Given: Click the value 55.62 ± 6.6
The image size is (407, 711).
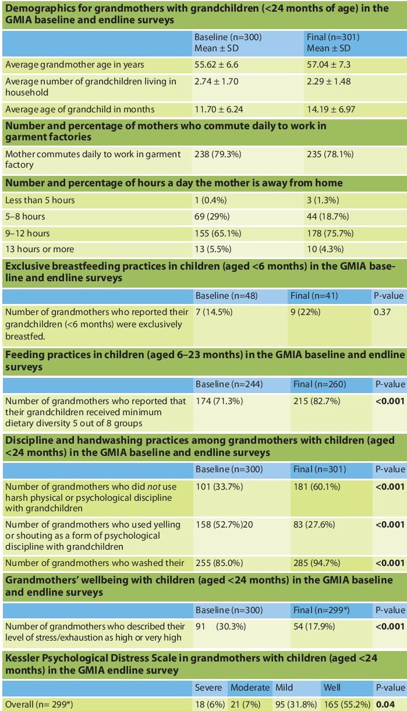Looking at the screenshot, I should [x=216, y=65].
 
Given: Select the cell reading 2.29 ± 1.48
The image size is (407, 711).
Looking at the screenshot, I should [x=328, y=82].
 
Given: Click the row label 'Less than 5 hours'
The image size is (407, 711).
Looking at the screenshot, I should [x=40, y=200].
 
